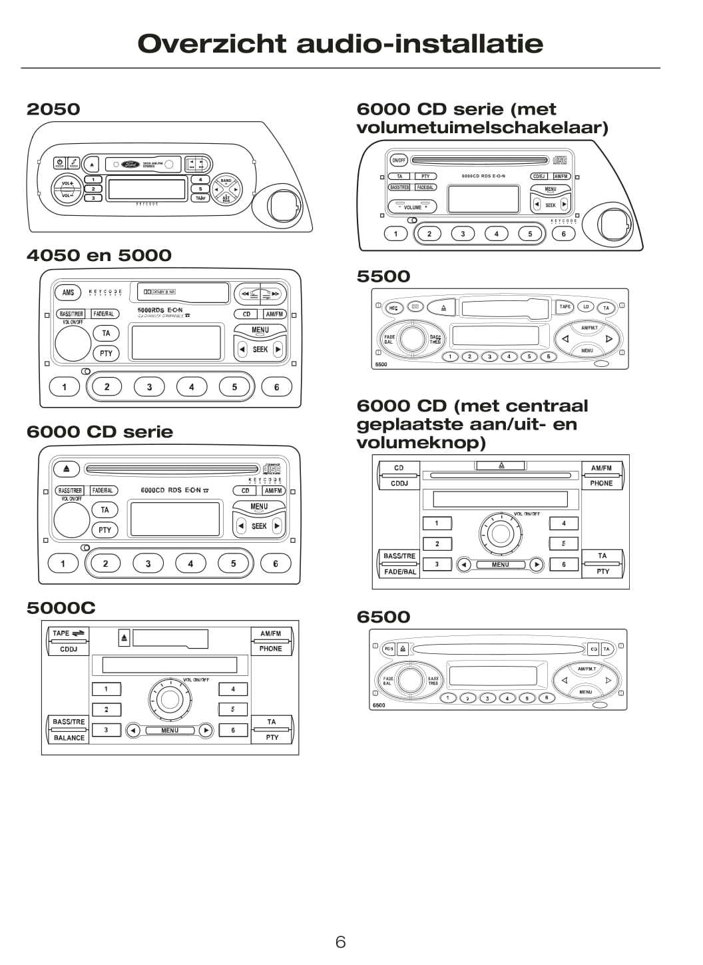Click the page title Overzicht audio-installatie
340,44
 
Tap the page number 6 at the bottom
340,941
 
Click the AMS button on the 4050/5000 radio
68,292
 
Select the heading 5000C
61,607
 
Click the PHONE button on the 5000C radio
271,649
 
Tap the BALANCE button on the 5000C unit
69,738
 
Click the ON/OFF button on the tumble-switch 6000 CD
399,161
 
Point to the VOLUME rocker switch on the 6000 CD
413,207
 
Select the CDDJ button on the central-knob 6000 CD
399,483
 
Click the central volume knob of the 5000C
170,699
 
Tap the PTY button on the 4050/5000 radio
106,353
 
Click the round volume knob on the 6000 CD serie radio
72,520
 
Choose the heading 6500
383,617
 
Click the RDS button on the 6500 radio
389,649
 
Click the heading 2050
53,109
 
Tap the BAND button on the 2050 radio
226,180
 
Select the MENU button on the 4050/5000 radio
260,330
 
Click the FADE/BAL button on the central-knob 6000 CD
400,571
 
